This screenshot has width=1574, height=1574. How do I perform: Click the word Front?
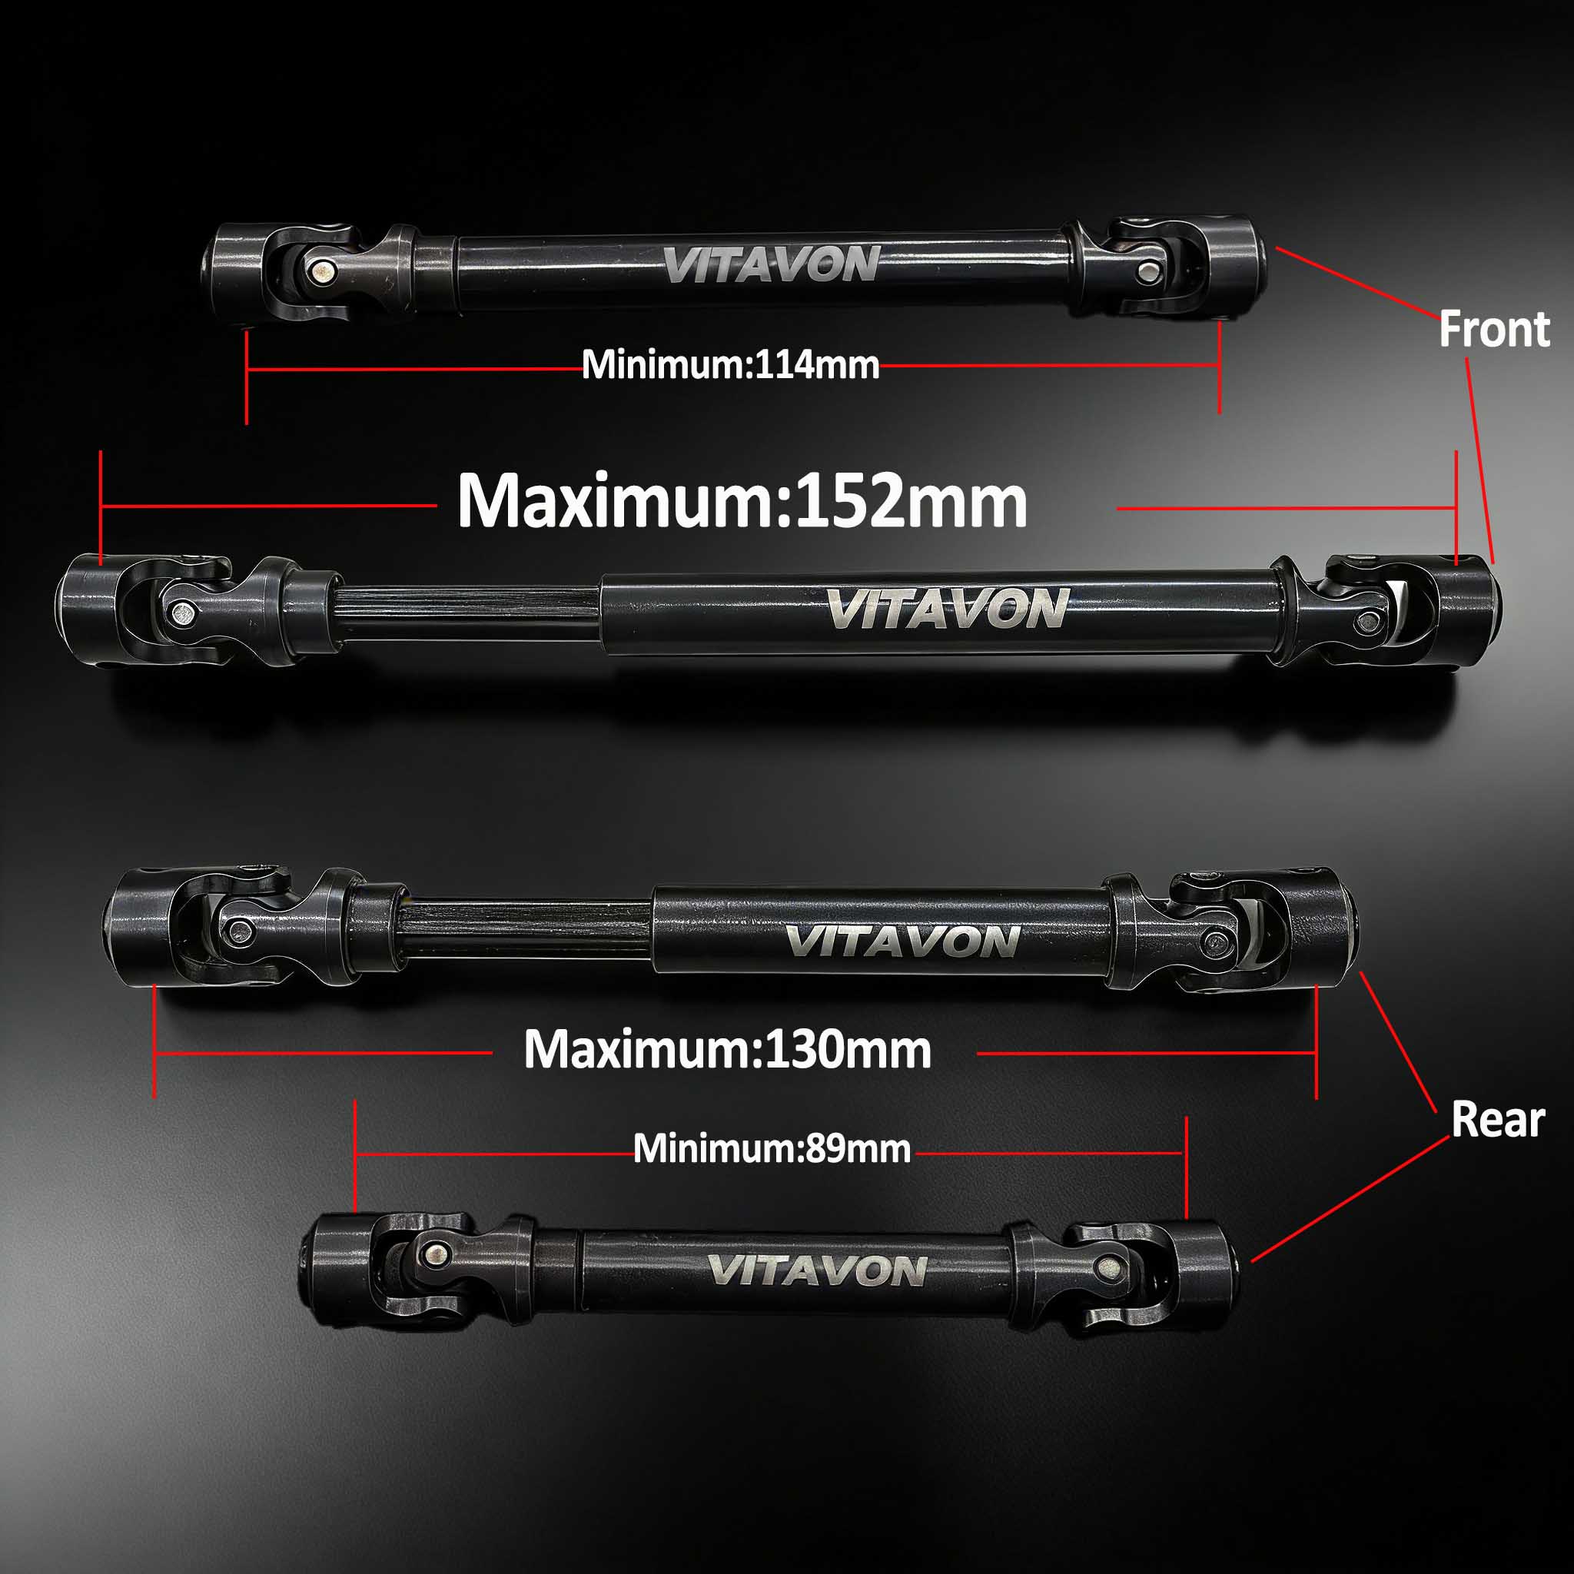pos(1494,330)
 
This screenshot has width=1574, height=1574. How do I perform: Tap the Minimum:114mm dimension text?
pos(731,365)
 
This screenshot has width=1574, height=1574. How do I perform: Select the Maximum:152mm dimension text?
pos(742,501)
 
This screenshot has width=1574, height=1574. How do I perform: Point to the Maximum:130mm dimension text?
pos(728,1049)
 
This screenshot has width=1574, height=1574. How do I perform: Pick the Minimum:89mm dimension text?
pos(772,1149)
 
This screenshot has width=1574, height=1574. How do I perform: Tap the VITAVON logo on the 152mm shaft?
pos(946,609)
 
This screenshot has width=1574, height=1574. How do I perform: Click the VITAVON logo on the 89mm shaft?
pos(816,1271)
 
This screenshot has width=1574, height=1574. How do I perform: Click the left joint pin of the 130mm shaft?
pos(241,931)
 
